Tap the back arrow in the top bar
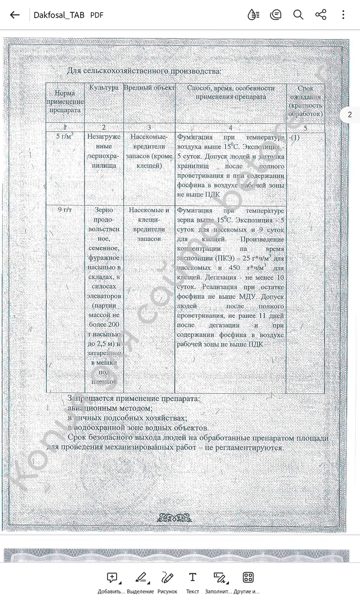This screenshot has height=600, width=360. [15, 15]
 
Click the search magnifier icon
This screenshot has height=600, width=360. [298, 14]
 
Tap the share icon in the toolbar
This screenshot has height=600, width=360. [321, 14]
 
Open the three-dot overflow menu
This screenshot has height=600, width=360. [343, 14]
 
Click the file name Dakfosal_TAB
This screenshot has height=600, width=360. [58, 15]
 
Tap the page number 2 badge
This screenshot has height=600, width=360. [350, 115]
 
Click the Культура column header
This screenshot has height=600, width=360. [104, 88]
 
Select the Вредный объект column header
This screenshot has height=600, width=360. [149, 88]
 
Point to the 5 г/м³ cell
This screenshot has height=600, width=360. [65, 137]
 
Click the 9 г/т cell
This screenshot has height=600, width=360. [65, 210]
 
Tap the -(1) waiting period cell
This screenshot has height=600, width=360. [295, 138]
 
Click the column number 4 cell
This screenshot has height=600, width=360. [230, 128]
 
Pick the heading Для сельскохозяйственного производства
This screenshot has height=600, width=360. [144, 71]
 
